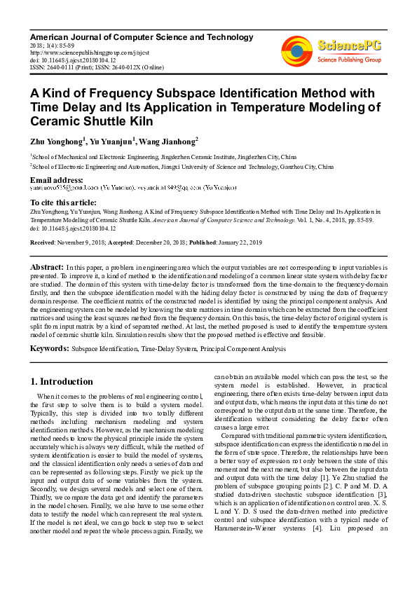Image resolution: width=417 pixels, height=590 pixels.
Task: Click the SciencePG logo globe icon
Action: [x=296, y=50]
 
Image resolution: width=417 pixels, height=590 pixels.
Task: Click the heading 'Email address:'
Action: [x=55, y=181]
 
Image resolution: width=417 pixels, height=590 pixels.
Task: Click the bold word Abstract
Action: [x=47, y=268]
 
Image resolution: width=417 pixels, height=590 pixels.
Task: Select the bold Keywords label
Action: [x=49, y=348]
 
